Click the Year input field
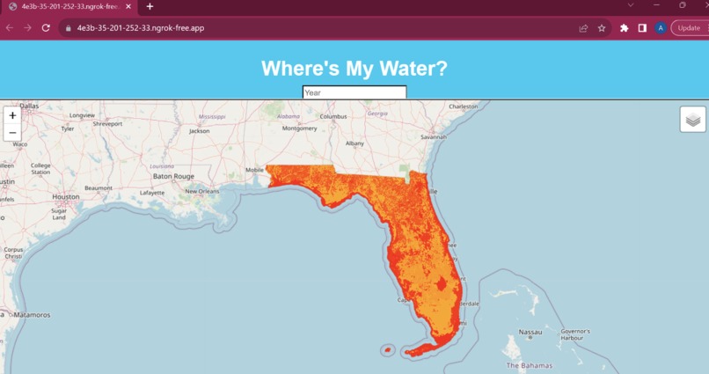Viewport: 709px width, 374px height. tap(354, 92)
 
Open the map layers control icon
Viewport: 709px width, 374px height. tap(692, 119)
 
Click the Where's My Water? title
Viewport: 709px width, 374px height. tap(354, 69)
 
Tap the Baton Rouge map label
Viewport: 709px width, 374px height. tap(173, 176)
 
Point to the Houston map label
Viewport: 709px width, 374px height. tap(66, 197)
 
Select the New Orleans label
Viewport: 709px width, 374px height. tap(202, 191)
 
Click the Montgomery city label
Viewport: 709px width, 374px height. tap(298, 128)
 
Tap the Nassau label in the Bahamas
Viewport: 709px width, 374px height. tap(530, 333)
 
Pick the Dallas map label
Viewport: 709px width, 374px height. tap(29, 106)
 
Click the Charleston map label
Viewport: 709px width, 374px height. tap(464, 106)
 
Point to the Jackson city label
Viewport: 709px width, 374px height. tap(200, 131)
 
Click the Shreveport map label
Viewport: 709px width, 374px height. tap(107, 124)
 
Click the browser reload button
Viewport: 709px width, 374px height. tap(46, 28)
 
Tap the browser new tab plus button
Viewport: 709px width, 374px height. tap(150, 6)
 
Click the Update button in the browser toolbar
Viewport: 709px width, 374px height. tap(689, 28)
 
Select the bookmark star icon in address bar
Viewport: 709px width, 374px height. tap(602, 28)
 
